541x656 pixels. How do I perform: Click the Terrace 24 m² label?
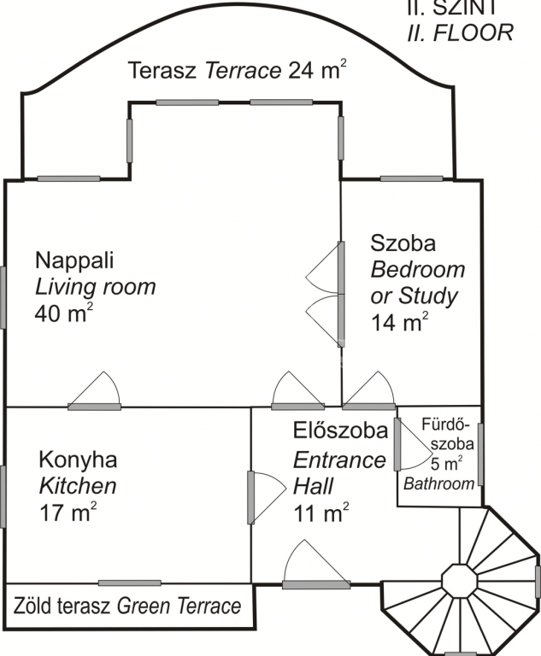(x=238, y=69)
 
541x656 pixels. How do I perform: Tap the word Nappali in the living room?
(x=74, y=261)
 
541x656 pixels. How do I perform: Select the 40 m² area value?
(x=63, y=313)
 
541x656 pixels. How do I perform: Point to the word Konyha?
(x=78, y=460)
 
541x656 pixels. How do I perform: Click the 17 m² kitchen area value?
(x=68, y=512)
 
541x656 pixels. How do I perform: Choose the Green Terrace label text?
(x=179, y=606)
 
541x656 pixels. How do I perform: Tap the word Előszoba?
(x=340, y=430)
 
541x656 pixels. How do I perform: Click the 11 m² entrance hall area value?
(x=321, y=512)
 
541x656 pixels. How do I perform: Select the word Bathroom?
(x=438, y=483)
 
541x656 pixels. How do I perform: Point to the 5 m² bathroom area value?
(x=447, y=464)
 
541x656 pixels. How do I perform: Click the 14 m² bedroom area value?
(x=399, y=322)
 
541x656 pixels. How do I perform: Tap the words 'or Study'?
(x=415, y=296)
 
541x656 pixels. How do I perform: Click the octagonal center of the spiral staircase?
(x=459, y=581)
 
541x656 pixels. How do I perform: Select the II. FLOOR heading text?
(x=460, y=32)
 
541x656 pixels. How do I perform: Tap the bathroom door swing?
(x=414, y=444)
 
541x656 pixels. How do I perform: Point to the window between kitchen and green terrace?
(x=130, y=583)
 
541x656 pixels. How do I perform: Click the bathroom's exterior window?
(x=480, y=454)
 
